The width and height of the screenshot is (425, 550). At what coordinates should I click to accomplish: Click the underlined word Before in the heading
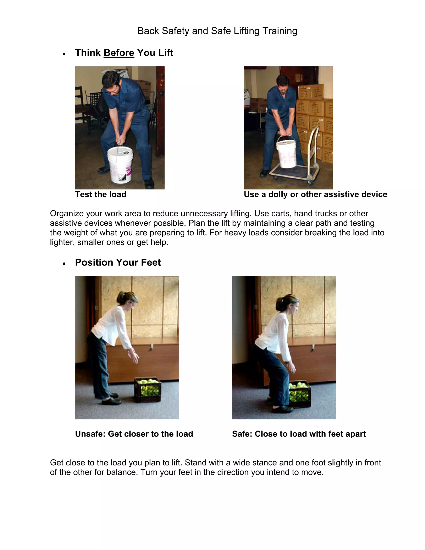[x=119, y=53]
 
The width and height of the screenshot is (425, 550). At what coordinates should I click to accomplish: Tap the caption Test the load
[x=100, y=194]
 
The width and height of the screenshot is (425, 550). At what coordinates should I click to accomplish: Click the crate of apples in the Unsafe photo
[x=148, y=390]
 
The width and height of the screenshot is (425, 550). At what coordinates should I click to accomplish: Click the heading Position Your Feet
[x=118, y=262]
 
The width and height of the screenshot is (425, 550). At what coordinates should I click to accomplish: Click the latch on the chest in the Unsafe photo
[x=152, y=347]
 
